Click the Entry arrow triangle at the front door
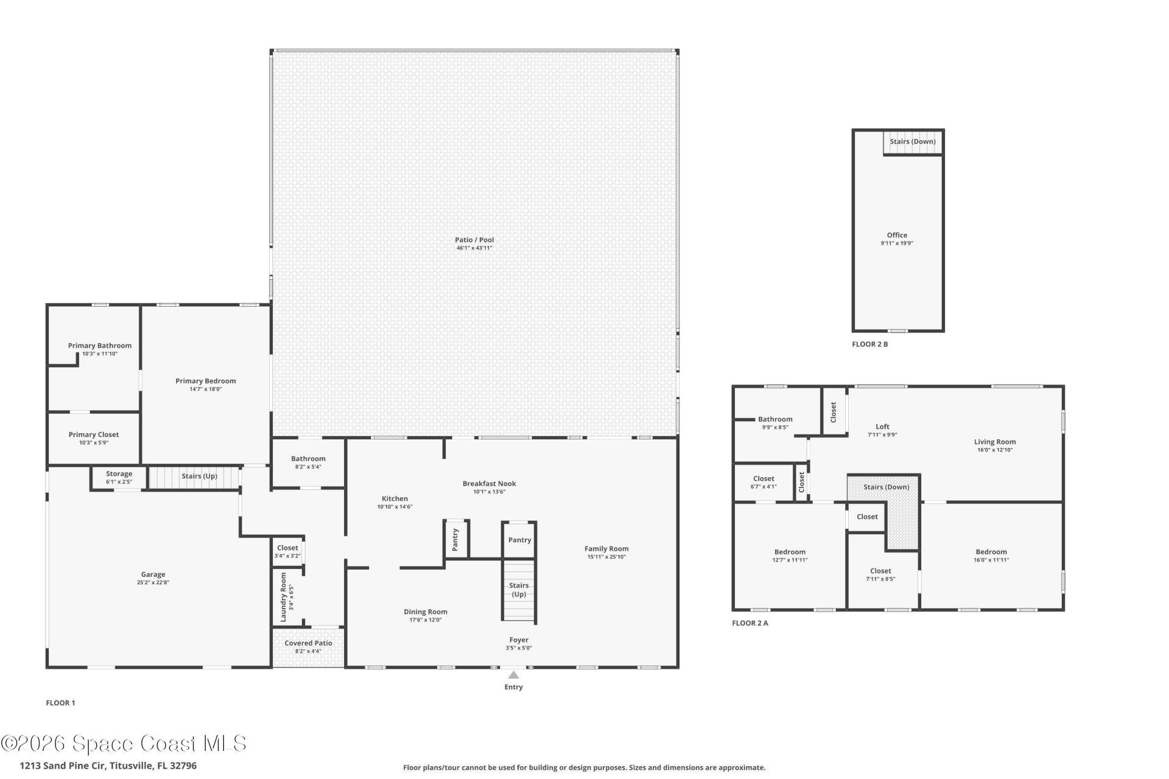pyautogui.click(x=513, y=675)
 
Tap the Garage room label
pyautogui.click(x=153, y=574)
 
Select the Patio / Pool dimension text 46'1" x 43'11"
pyautogui.click(x=474, y=248)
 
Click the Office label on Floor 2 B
pyautogui.click(x=897, y=235)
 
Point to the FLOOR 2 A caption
pyautogui.click(x=749, y=623)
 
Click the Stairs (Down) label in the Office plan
pyautogui.click(x=912, y=142)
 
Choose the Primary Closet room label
pyautogui.click(x=94, y=435)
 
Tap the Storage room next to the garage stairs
pyautogui.click(x=119, y=473)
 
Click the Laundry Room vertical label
pyautogui.click(x=283, y=597)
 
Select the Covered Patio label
pyautogui.click(x=308, y=643)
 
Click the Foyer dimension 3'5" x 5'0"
pyautogui.click(x=519, y=648)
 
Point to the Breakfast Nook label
pyautogui.click(x=489, y=484)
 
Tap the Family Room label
pyautogui.click(x=606, y=548)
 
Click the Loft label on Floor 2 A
pyautogui.click(x=882, y=427)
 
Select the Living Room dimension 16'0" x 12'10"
pyautogui.click(x=995, y=450)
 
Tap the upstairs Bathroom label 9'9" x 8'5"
pyautogui.click(x=775, y=419)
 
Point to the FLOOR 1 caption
pyautogui.click(x=60, y=703)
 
